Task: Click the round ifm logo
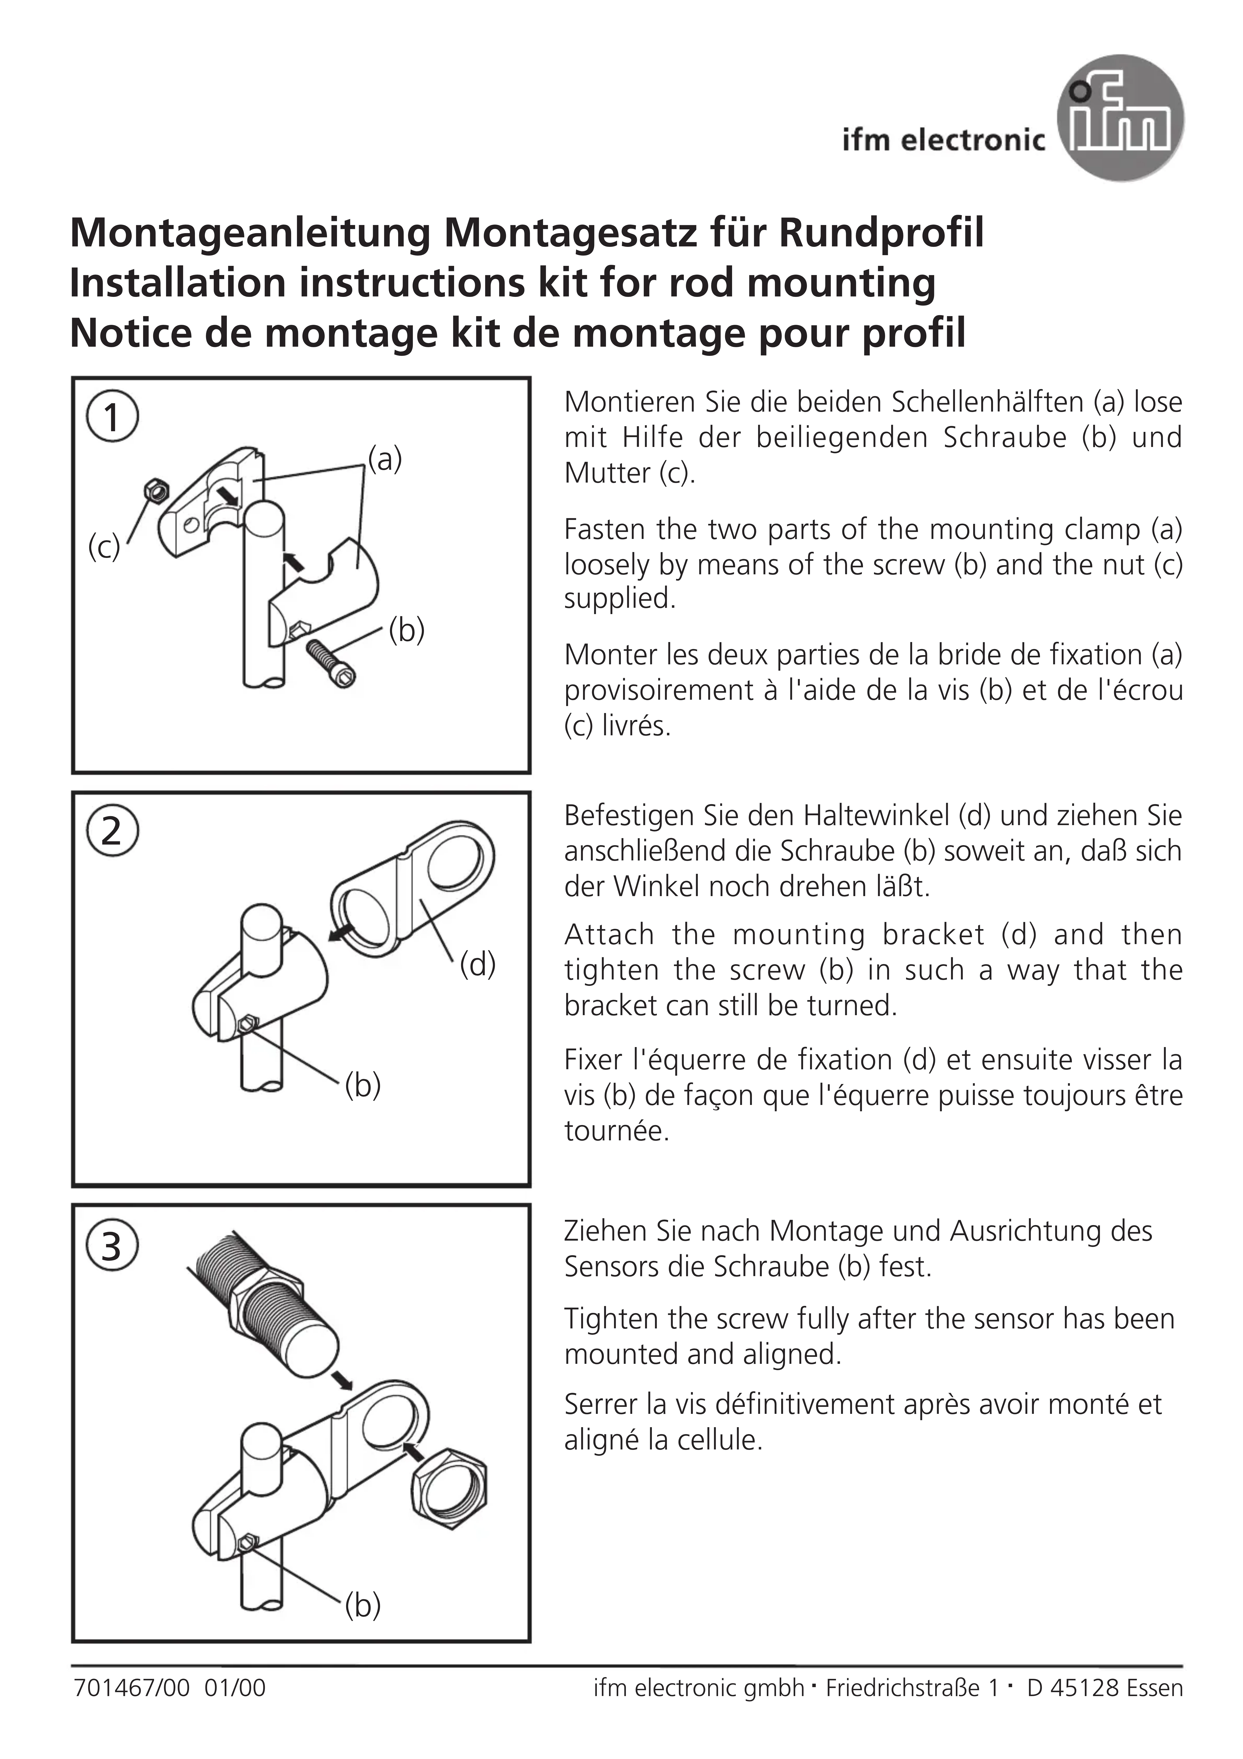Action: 1120,119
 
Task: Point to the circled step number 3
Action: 112,1247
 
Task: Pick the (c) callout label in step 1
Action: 104,547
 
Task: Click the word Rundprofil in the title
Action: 881,233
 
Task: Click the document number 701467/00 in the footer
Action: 131,1688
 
